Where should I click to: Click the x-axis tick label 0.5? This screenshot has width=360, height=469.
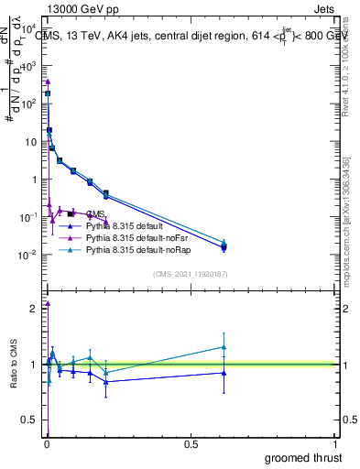point(191,444)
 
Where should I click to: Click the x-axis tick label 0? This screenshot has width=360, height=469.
point(47,444)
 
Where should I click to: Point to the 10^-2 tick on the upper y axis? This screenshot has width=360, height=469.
point(28,255)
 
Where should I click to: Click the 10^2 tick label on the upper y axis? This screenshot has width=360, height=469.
point(29,104)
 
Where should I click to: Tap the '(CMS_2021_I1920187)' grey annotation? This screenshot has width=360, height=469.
point(191,274)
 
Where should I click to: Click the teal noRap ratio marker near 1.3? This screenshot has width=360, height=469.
point(224,346)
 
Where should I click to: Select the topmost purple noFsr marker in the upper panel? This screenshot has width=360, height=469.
point(48,82)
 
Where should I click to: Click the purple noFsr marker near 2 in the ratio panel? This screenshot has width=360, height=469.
point(48,303)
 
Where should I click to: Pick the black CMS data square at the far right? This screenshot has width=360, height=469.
point(224,245)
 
